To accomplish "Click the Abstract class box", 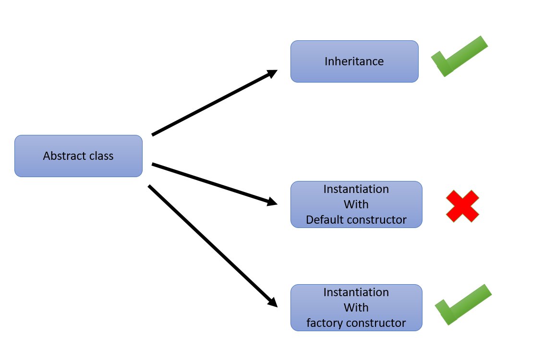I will tap(78, 156).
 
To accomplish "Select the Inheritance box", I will tap(354, 61).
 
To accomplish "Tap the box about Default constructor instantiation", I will tap(356, 204).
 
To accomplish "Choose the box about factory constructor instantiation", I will tap(356, 308).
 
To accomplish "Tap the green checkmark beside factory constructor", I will tap(462, 305).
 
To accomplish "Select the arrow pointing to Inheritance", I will tap(214, 103).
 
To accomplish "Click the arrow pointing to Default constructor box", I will tap(214, 184).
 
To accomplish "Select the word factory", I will tap(323, 324).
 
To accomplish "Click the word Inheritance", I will tap(354, 61).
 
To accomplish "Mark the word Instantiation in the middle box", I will tap(356, 189).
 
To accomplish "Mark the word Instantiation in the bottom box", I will tap(356, 292).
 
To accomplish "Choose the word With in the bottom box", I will tap(356, 308).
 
